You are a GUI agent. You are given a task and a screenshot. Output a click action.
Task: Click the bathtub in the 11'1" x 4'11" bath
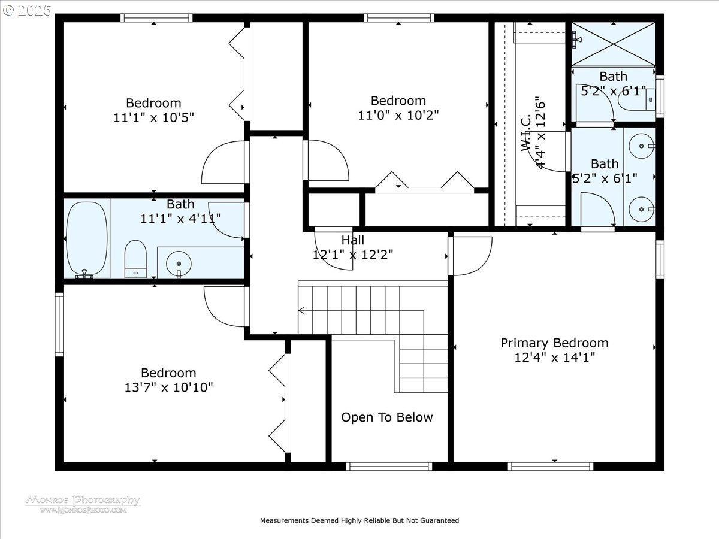tap(87, 238)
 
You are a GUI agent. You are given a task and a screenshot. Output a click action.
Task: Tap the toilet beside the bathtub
tap(135, 259)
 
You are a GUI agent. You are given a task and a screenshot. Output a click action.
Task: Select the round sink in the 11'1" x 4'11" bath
tap(178, 262)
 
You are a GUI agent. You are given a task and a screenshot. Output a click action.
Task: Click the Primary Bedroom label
tap(554, 343)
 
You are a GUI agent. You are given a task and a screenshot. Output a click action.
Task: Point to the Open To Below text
tap(386, 417)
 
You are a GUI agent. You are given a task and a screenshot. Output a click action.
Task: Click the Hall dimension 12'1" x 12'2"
tap(353, 255)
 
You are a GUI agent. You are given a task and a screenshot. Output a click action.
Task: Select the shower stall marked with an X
tap(613, 44)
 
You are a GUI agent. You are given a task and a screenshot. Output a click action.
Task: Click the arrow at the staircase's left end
tap(301, 310)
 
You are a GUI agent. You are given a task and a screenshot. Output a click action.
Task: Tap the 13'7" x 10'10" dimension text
tap(168, 387)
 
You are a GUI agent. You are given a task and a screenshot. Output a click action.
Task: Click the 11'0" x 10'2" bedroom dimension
tap(398, 115)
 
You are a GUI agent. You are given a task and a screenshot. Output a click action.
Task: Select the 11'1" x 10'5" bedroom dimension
tap(153, 117)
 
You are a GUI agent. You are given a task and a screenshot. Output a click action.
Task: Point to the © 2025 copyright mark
tap(27, 11)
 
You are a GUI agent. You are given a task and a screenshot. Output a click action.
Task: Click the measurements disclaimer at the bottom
tap(359, 520)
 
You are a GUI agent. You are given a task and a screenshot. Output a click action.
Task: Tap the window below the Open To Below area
tap(389, 466)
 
